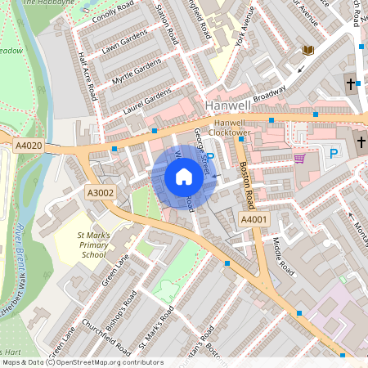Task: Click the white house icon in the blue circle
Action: tap(184, 177)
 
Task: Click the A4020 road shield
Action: tap(28, 146)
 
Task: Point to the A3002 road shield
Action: tap(101, 192)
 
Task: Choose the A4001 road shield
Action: tap(254, 219)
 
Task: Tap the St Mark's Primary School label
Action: tap(92, 245)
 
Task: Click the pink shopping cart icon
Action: tap(299, 158)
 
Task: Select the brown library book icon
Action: tap(308, 51)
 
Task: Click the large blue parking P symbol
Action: tap(333, 153)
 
